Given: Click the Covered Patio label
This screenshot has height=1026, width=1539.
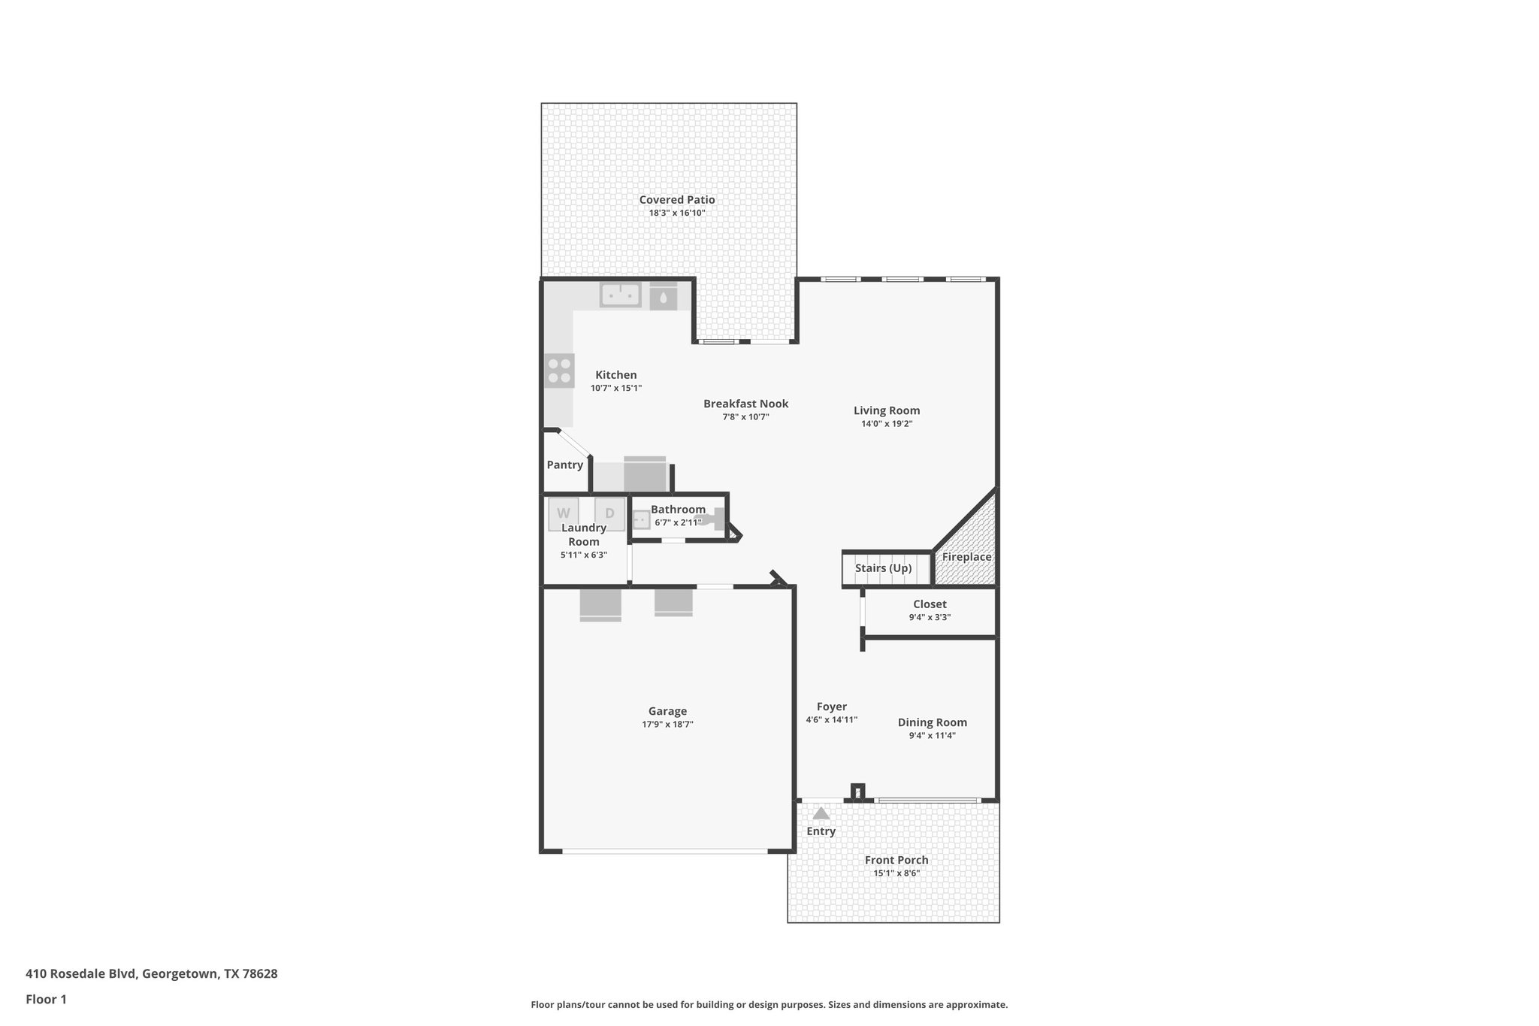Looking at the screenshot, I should tap(676, 200).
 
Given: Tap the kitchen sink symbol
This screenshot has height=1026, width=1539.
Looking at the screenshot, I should tap(620, 295).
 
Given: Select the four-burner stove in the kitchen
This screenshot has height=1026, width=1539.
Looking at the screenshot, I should tap(559, 371).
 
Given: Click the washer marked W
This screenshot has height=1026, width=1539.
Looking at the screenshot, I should tap(563, 513).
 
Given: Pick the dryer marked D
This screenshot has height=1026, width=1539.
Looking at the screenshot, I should tap(609, 513).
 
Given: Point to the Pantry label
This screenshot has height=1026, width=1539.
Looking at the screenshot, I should tap(564, 465).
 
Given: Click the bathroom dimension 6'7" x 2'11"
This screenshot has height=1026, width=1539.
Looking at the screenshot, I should tap(677, 522).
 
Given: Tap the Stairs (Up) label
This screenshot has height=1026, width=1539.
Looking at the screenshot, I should tap(883, 568).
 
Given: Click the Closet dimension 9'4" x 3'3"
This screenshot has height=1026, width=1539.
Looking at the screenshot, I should tap(930, 617).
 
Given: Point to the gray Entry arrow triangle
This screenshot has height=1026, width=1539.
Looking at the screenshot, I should tap(821, 813).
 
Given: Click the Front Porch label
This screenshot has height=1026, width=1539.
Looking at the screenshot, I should tap(896, 860).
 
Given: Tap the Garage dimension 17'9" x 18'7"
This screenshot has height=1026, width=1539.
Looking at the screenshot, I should tap(667, 725).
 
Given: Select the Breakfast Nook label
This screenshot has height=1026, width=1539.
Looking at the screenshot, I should tap(745, 404).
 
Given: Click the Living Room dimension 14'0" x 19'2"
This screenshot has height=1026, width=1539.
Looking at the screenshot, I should tap(887, 424).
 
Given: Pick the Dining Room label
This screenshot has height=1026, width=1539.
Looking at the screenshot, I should tap(932, 722).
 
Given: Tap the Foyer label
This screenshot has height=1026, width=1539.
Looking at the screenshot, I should tap(831, 707).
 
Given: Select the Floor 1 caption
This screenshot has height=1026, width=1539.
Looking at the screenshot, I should tap(46, 999).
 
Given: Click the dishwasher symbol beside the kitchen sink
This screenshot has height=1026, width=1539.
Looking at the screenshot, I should tap(663, 296).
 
